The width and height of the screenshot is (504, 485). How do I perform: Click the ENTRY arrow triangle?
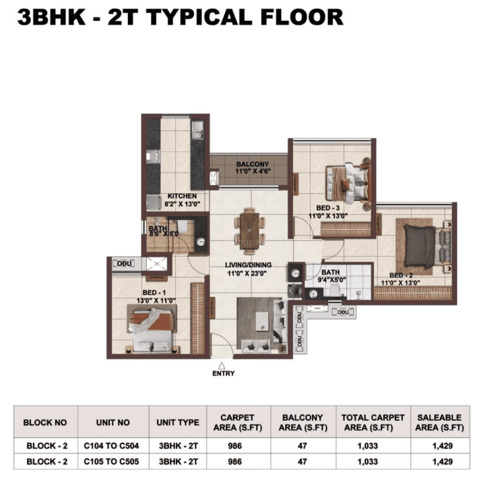click(222, 366)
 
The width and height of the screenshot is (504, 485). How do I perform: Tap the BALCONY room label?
click(253, 164)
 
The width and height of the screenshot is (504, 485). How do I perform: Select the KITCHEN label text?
click(182, 196)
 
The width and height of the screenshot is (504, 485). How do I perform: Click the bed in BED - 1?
click(152, 330)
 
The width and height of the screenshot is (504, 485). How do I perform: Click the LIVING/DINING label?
click(248, 265)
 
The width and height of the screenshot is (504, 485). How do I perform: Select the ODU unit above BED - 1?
click(124, 263)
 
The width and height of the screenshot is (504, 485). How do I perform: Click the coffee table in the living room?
click(262, 321)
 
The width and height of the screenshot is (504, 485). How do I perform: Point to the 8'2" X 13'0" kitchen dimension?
click(182, 204)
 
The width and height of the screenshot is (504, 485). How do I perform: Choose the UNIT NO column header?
click(113, 422)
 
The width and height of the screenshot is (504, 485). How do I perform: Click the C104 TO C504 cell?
click(111, 446)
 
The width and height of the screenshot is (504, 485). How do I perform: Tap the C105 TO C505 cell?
click(111, 461)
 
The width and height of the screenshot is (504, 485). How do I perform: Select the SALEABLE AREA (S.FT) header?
click(439, 422)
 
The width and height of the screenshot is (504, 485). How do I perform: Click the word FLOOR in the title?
click(302, 17)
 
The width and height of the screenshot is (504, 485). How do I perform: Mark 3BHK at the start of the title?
click(51, 17)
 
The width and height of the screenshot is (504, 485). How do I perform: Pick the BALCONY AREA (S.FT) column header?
click(303, 422)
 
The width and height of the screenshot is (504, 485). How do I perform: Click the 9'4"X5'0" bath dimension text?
click(332, 280)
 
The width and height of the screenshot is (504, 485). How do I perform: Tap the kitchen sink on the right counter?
click(197, 130)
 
